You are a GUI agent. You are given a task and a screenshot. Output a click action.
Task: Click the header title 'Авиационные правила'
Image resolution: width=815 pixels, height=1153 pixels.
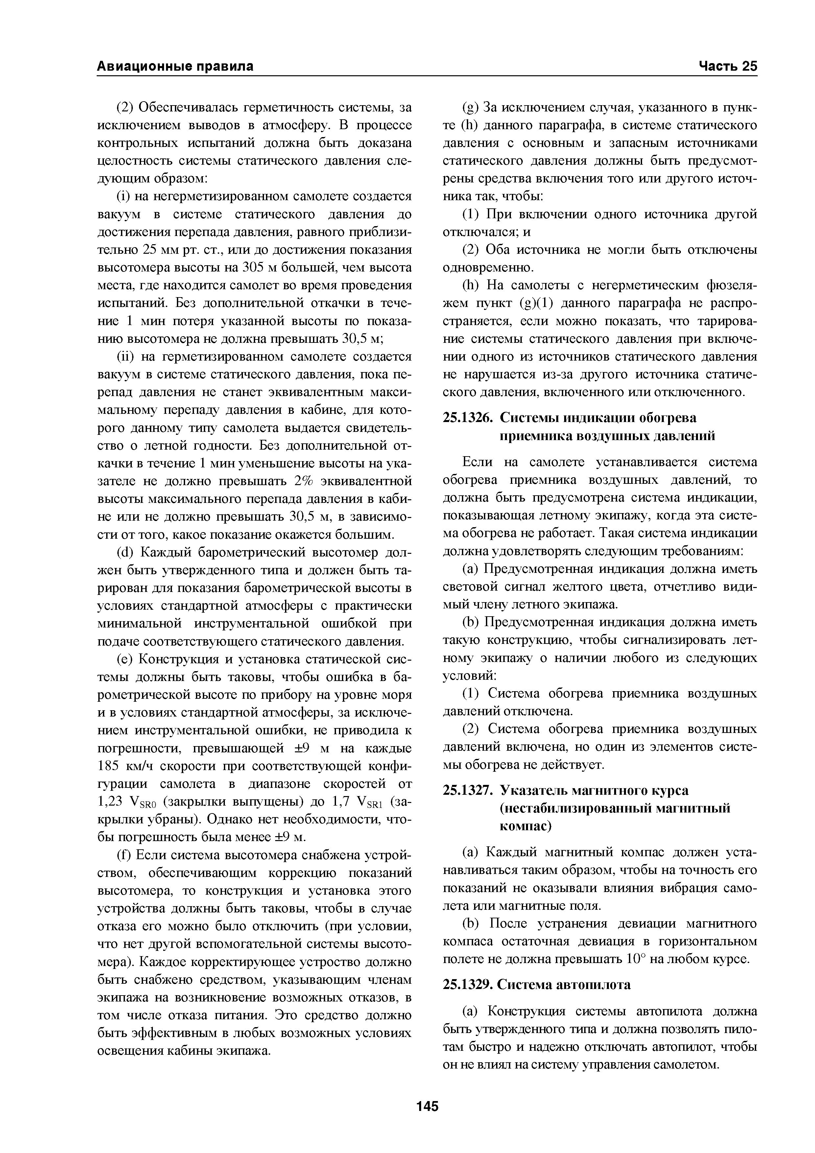[175, 66]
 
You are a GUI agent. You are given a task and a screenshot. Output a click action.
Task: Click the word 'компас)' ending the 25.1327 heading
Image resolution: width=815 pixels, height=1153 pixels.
[525, 826]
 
